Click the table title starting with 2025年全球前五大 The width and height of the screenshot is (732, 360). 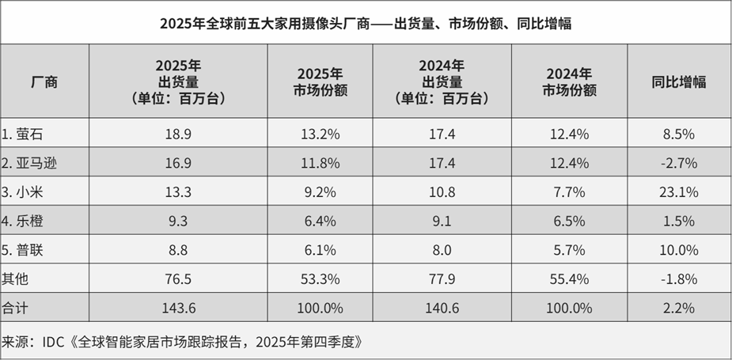pos(366,23)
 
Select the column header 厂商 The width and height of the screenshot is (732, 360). pos(44,81)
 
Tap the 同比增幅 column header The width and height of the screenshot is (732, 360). pos(678,81)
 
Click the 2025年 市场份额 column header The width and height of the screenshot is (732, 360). pos(320,81)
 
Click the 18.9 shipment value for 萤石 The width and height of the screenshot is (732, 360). pos(177,135)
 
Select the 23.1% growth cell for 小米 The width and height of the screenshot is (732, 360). pos(678,192)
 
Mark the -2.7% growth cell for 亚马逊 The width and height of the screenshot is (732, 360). pos(678,164)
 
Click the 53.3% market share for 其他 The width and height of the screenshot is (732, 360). pos(320,279)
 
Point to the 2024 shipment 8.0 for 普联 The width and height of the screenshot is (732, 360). pos(442,250)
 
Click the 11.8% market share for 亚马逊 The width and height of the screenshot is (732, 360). pos(320,164)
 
